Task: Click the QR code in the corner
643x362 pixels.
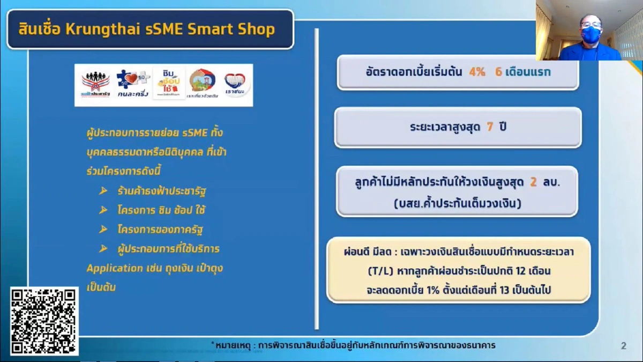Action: [44, 321]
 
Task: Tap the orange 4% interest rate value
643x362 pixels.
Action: [476, 72]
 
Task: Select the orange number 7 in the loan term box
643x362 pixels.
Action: [489, 128]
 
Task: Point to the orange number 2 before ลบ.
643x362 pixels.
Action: [533, 182]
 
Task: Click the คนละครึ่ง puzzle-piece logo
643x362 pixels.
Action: [133, 83]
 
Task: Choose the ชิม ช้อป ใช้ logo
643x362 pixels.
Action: [168, 83]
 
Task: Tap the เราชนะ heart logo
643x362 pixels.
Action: [236, 83]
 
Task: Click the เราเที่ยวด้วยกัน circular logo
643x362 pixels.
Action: [203, 83]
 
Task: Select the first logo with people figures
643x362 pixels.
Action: [95, 83]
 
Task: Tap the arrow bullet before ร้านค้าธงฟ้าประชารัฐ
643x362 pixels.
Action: [103, 191]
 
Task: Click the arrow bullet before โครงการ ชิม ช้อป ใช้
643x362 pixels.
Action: [103, 211]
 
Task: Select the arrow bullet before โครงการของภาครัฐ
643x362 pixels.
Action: [103, 230]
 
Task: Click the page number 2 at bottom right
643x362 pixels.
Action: [623, 346]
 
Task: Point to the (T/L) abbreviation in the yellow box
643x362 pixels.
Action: [379, 271]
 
